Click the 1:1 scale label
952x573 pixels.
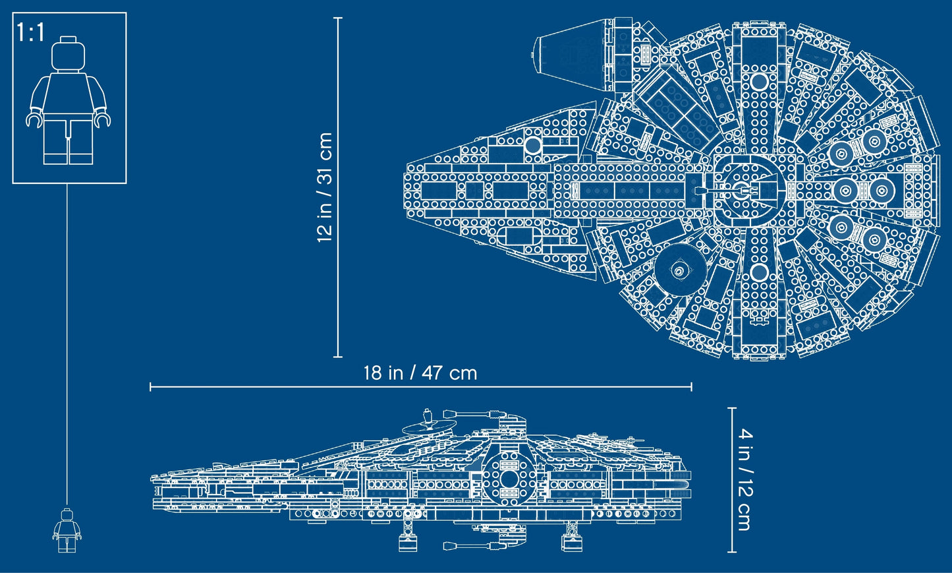tap(31, 32)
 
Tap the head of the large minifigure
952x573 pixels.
tap(69, 55)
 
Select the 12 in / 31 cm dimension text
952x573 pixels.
tap(325, 187)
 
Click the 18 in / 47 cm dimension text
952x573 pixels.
tap(420, 373)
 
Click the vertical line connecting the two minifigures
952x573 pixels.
tap(67, 343)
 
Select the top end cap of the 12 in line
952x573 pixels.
tap(338, 18)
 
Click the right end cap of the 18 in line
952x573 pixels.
tap(691, 386)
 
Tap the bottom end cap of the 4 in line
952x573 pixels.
tap(732, 552)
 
